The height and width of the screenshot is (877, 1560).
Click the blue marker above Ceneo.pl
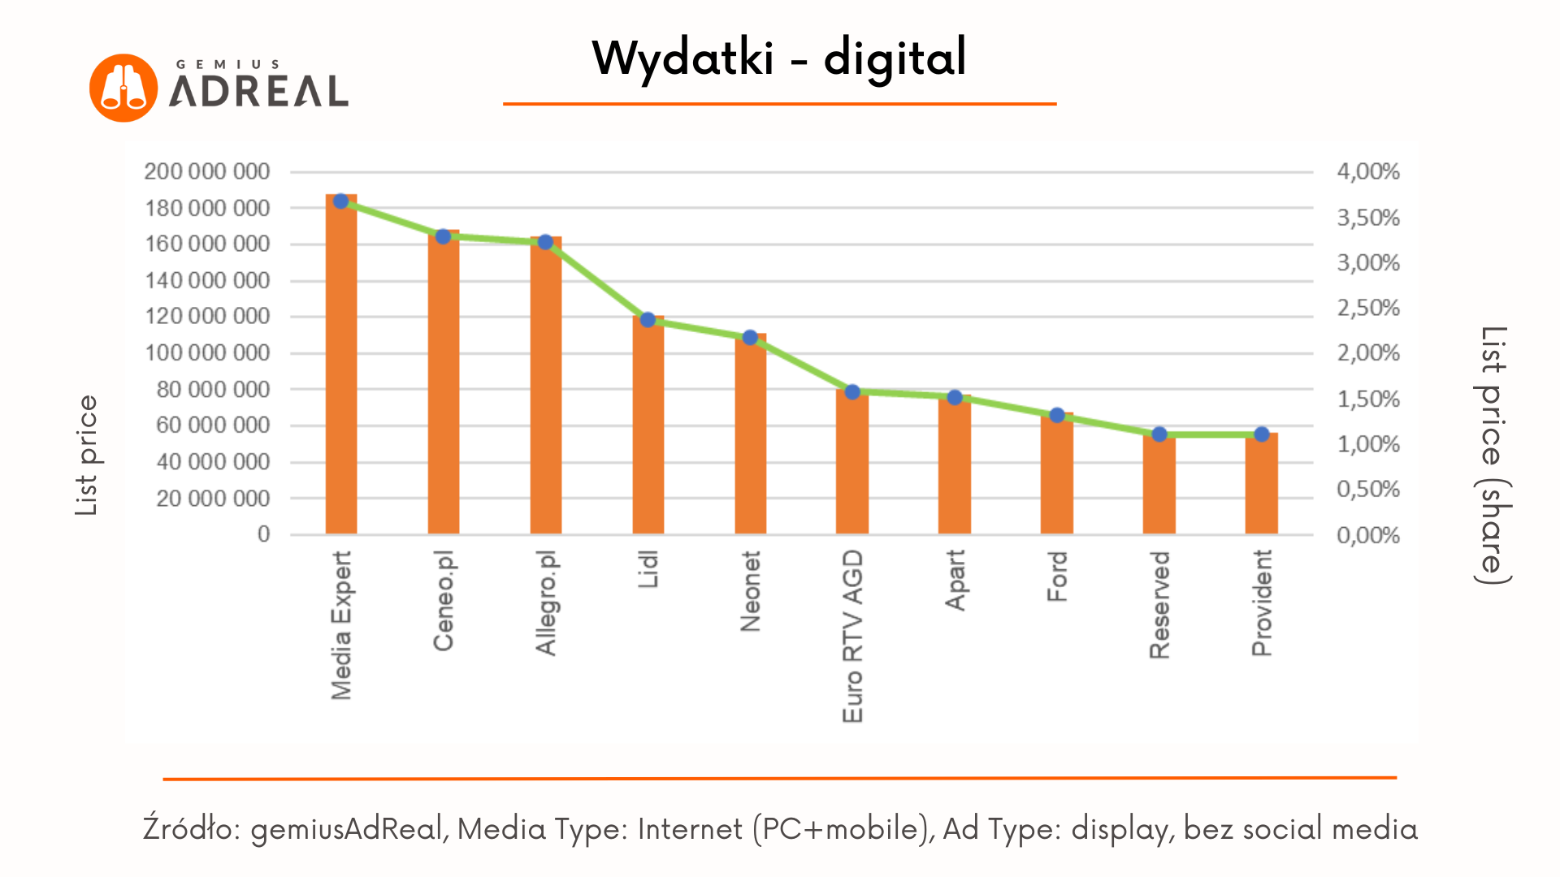tap(443, 236)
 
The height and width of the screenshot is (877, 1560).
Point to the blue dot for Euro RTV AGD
tap(852, 392)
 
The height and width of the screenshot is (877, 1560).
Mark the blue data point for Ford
tap(1057, 416)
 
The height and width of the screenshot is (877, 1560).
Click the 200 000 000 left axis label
tap(207, 171)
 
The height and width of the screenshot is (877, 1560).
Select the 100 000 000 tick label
tap(207, 352)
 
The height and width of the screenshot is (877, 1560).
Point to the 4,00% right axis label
tap(1368, 171)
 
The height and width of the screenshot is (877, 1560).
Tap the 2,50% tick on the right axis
tap(1368, 308)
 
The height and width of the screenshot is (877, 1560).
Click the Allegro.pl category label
tap(546, 603)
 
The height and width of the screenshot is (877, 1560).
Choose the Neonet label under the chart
tap(750, 591)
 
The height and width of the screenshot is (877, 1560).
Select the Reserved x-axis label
tap(1159, 605)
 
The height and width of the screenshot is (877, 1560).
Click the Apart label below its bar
tap(955, 580)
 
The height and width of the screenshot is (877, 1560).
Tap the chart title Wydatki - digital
tap(779, 58)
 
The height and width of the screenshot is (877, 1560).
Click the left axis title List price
tap(86, 455)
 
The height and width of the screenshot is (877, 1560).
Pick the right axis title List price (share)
tap(1493, 455)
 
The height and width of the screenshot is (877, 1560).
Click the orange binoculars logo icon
tap(123, 88)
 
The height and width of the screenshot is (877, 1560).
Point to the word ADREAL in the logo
tap(259, 91)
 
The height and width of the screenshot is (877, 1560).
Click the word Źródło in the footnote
tap(192, 829)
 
